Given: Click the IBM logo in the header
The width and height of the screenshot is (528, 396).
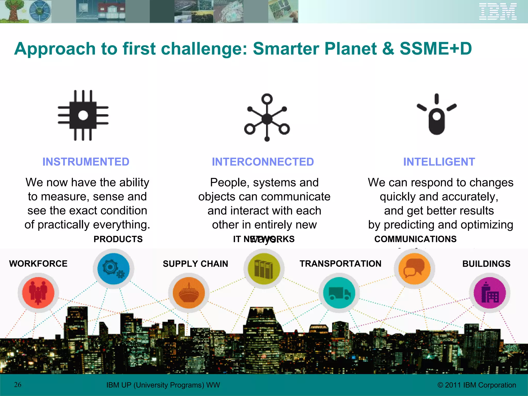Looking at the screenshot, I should tap(498, 12).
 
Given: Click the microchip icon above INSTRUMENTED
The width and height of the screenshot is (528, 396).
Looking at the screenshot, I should tap(83, 115).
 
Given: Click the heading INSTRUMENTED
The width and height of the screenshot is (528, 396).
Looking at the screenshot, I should tap(86, 162).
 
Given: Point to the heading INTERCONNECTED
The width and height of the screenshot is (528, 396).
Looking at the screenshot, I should tap(263, 162).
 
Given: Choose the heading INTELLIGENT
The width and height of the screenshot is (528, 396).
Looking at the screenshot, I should tap(439, 162).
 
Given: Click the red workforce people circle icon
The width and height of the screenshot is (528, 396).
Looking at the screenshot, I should tap(38, 293).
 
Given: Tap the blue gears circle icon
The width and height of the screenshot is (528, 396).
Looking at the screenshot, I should tap(113, 268).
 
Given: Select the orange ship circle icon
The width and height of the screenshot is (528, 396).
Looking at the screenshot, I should tap(189, 293).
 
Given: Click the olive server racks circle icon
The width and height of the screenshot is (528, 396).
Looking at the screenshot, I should tap(264, 268).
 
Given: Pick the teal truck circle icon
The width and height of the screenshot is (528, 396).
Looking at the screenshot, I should tap(339, 293).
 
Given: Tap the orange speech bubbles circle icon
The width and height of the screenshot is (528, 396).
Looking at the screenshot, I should tap(415, 268).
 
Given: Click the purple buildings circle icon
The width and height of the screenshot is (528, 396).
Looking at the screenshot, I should tap(490, 293).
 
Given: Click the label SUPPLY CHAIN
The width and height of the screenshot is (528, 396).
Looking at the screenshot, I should tap(195, 264).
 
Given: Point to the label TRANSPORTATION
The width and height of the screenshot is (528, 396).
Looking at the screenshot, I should tap(340, 264).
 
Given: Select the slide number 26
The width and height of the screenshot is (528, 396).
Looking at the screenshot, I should tap(18, 385).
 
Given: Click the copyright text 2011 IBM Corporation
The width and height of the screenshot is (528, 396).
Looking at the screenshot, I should tap(477, 385).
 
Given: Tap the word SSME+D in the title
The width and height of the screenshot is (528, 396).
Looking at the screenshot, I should tap(436, 48).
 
